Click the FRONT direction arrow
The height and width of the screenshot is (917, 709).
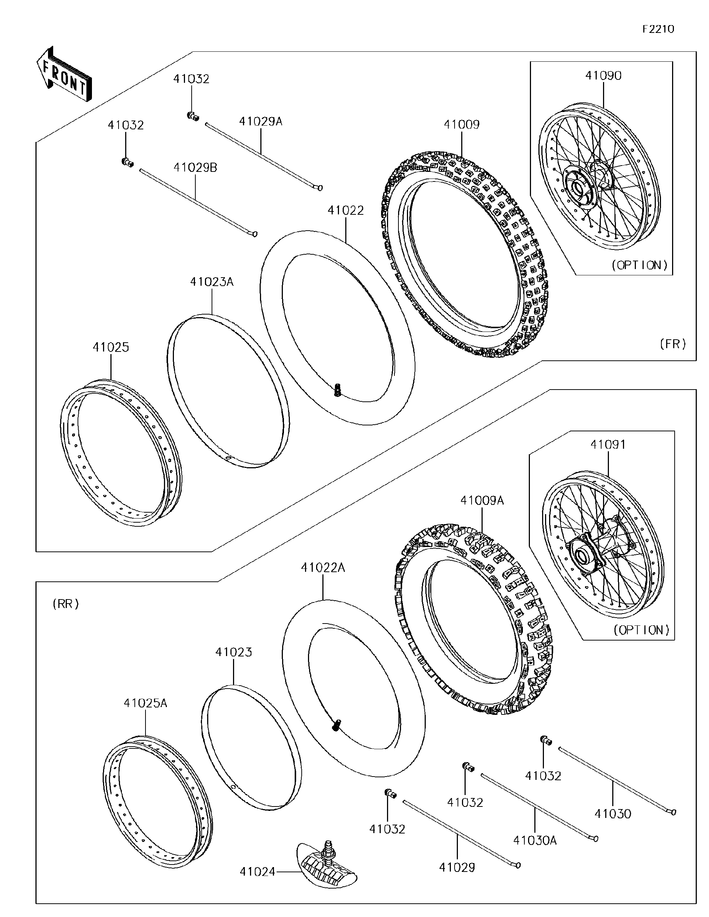coord(64,74)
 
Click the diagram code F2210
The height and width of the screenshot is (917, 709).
coord(658,29)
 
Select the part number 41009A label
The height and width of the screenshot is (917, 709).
coord(482,500)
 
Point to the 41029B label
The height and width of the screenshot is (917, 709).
coord(195,167)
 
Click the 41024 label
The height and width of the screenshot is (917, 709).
coord(257,872)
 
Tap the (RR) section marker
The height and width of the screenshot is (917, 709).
coord(66,604)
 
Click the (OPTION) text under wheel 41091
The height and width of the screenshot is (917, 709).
coord(641,630)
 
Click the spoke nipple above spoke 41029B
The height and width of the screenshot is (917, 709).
coord(127,162)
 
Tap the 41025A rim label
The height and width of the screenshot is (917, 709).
coord(145,703)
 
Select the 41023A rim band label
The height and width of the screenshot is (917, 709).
coord(212,282)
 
